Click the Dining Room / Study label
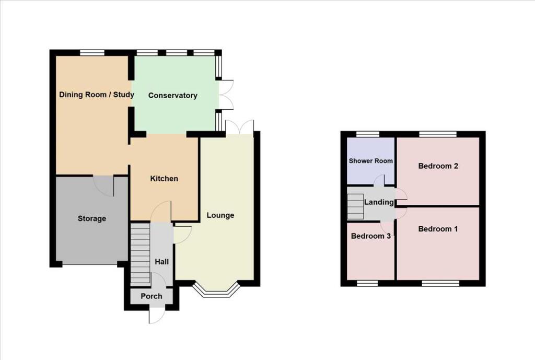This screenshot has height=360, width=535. click(x=96, y=95)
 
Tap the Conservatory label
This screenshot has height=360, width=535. click(x=173, y=96)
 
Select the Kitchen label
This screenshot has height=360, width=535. click(x=164, y=179)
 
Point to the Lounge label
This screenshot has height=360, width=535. click(x=220, y=215)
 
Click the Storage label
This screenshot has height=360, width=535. click(x=92, y=218)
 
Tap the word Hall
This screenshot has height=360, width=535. click(x=161, y=262)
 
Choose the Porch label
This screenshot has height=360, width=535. click(x=152, y=296)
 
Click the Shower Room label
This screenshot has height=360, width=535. click(x=371, y=161)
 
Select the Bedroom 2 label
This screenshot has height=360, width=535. click(x=438, y=166)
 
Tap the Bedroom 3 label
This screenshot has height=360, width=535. click(x=371, y=236)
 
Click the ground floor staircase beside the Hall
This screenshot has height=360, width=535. click(x=139, y=254)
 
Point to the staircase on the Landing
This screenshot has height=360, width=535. click(x=355, y=206)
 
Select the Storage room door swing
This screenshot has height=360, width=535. click(x=104, y=185)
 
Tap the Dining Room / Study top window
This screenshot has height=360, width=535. click(x=92, y=52)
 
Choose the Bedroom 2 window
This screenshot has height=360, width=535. click(x=437, y=134)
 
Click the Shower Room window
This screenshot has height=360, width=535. click(x=368, y=134)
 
